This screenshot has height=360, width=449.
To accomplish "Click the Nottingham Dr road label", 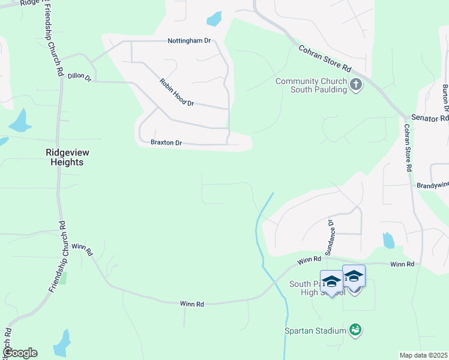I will (x=188, y=41).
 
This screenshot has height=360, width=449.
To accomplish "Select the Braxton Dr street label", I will (x=166, y=143).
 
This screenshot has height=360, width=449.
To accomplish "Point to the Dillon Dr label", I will (x=79, y=77).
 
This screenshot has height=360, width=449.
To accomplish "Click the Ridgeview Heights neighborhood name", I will (x=73, y=157).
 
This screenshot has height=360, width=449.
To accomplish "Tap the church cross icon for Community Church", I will (x=356, y=85).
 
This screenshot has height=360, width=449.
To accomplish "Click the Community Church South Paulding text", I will (x=311, y=85).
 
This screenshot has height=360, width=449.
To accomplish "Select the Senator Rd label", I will (x=429, y=118).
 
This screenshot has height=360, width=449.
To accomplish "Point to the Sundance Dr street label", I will (x=330, y=238).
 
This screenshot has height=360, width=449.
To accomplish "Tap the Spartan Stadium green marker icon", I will (x=356, y=329).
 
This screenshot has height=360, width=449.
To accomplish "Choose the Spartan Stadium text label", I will (x=315, y=331).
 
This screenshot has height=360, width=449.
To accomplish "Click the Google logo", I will (x=20, y=353).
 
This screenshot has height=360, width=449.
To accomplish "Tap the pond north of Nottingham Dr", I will (x=214, y=19).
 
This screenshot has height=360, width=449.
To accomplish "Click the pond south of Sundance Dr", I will (x=388, y=240).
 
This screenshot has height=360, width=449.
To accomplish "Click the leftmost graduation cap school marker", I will (x=331, y=281).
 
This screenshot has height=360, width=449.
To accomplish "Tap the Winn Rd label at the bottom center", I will (x=192, y=304).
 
